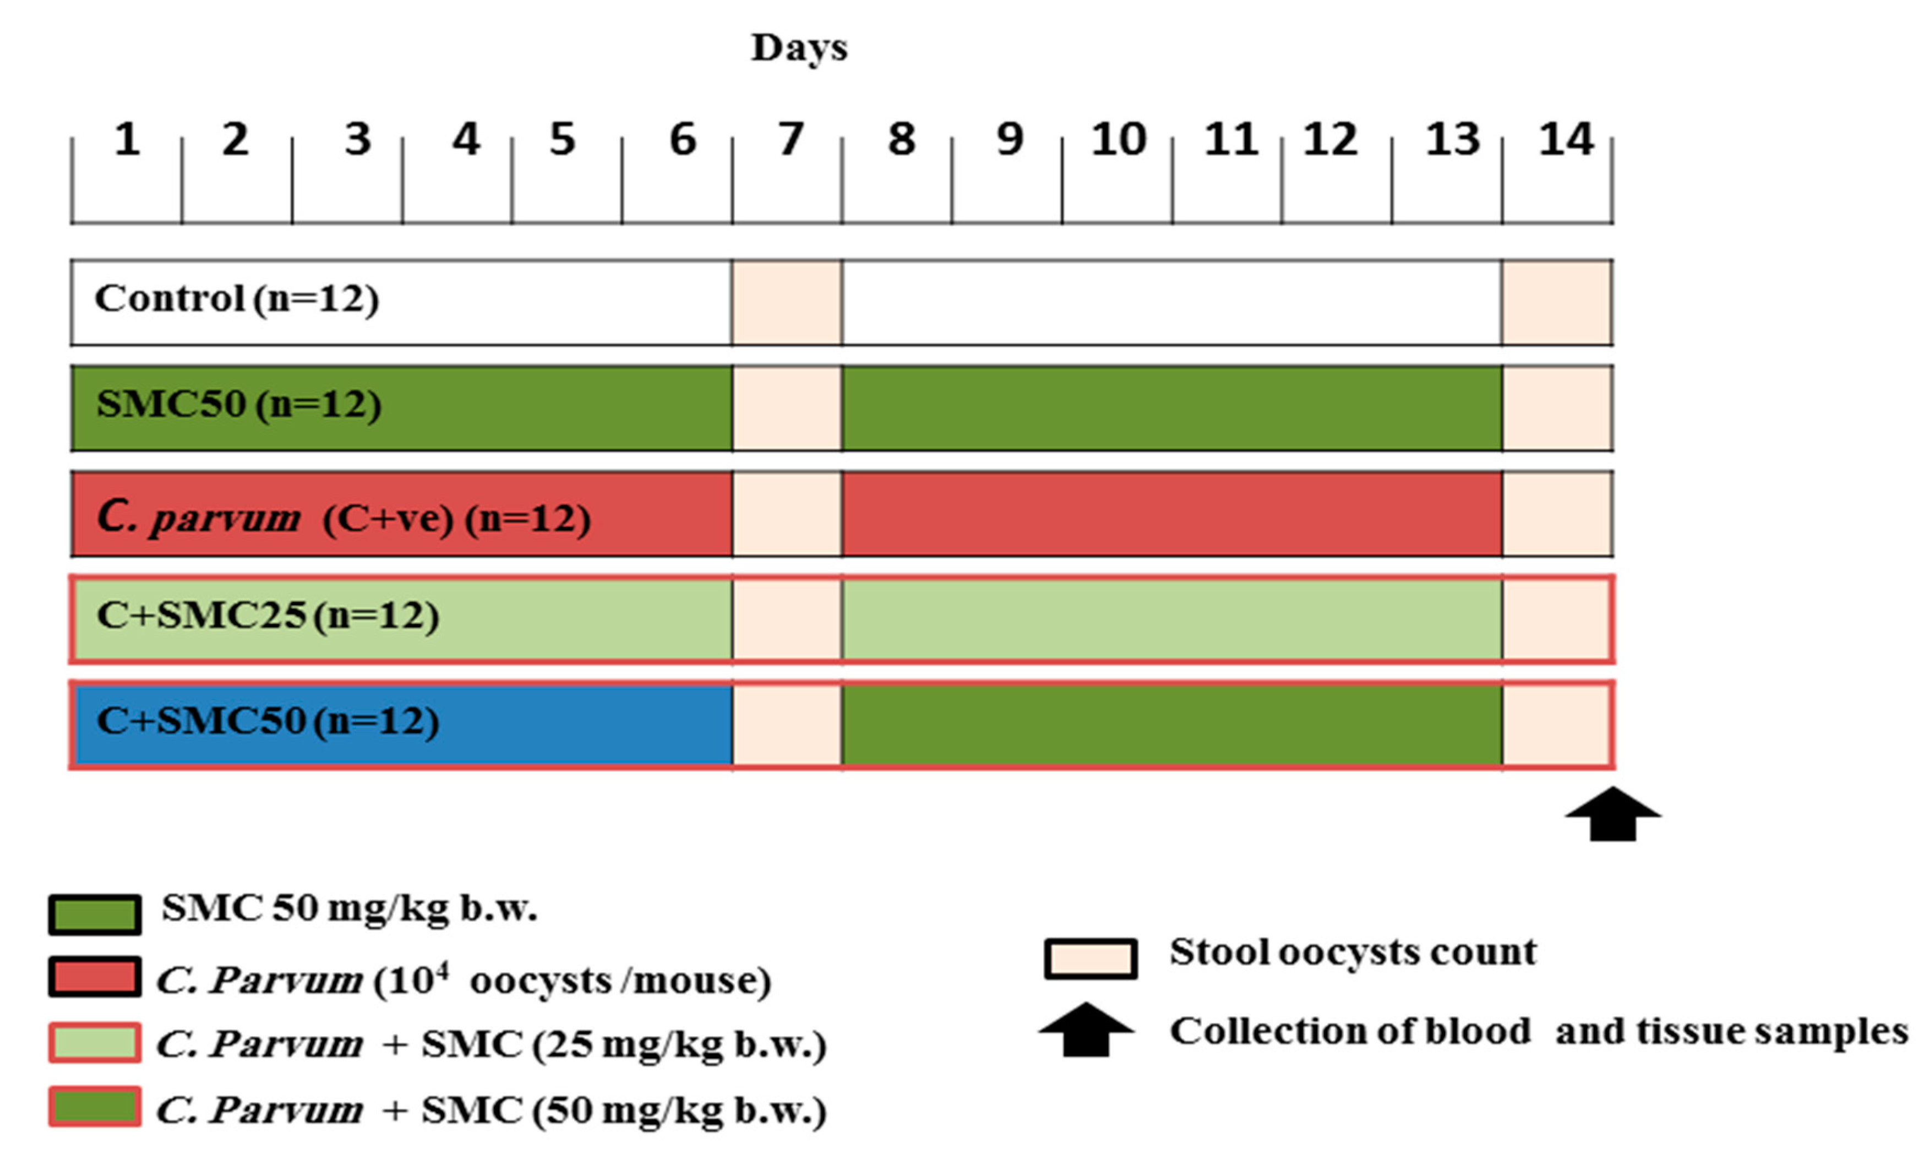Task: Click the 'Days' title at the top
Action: [x=799, y=48]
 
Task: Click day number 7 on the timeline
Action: [x=790, y=140]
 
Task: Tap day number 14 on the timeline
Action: [x=1566, y=140]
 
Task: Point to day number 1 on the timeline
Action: [x=127, y=140]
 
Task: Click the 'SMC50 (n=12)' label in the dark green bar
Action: [x=239, y=405]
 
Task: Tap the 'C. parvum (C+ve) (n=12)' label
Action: [x=344, y=518]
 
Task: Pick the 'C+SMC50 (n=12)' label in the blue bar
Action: [x=268, y=721]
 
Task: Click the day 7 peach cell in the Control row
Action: [x=787, y=302]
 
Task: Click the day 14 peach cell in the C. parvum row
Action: [x=1556, y=514]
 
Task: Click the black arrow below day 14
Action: [x=1612, y=814]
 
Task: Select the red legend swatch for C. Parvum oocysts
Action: [x=95, y=977]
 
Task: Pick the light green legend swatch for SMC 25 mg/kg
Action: [x=95, y=1043]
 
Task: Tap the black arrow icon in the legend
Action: [x=1086, y=1030]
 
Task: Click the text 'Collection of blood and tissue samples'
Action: [x=1538, y=1032]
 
